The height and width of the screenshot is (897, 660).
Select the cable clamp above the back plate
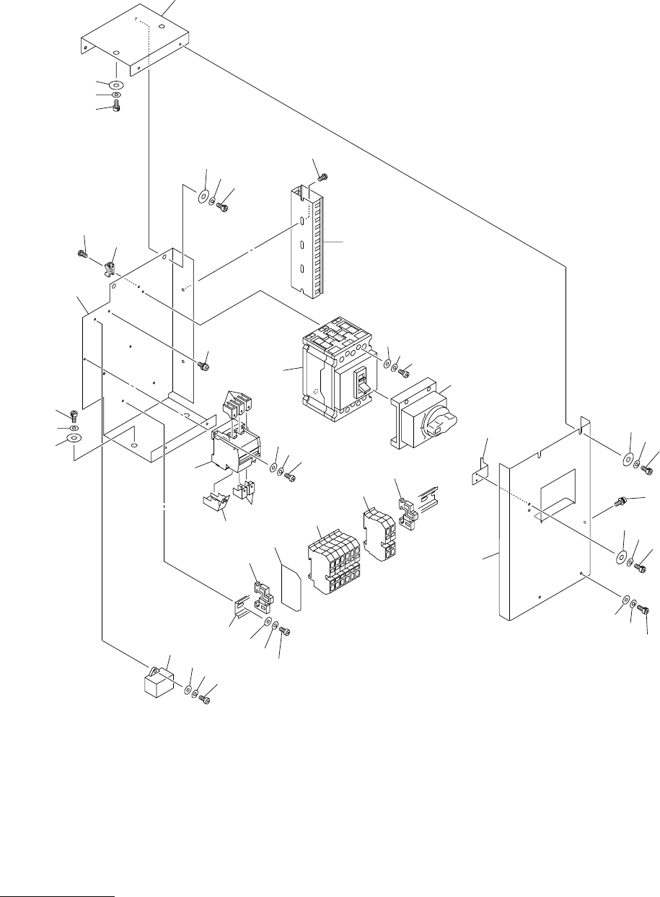tap(110, 271)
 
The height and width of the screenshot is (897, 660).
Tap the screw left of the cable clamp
tap(82, 254)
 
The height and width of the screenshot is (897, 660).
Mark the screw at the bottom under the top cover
tap(116, 108)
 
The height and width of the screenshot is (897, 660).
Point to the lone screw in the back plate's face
tap(203, 366)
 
